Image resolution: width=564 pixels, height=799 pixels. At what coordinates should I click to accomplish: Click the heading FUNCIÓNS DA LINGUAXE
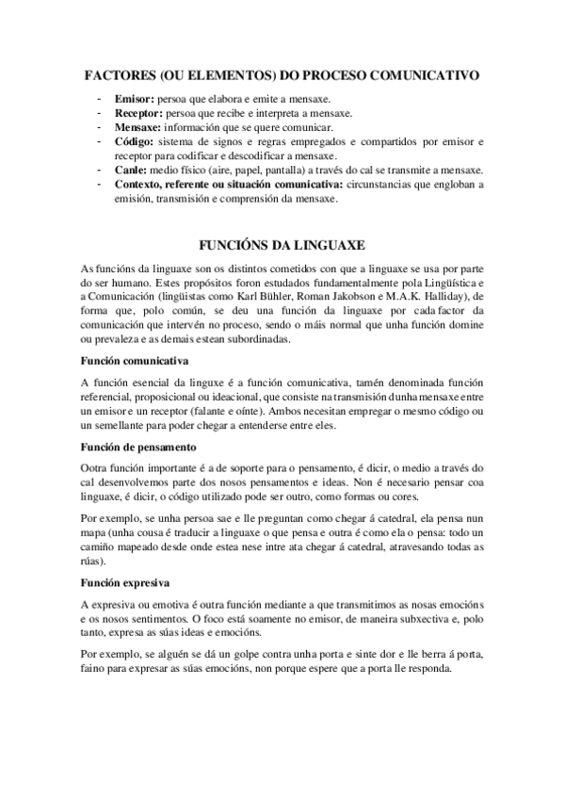(282, 244)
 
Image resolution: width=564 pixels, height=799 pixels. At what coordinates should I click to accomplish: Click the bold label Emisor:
(133, 99)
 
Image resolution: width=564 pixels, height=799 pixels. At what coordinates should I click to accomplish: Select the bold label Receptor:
(138, 112)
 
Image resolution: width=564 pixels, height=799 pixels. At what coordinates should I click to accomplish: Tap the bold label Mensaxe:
(138, 126)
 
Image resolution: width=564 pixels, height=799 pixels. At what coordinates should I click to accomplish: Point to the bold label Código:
(135, 140)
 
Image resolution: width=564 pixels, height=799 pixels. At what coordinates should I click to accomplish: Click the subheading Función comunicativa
(136, 360)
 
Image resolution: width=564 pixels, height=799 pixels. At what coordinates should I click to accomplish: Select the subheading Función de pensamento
(138, 447)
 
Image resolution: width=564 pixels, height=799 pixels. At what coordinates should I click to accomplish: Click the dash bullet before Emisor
(99, 99)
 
